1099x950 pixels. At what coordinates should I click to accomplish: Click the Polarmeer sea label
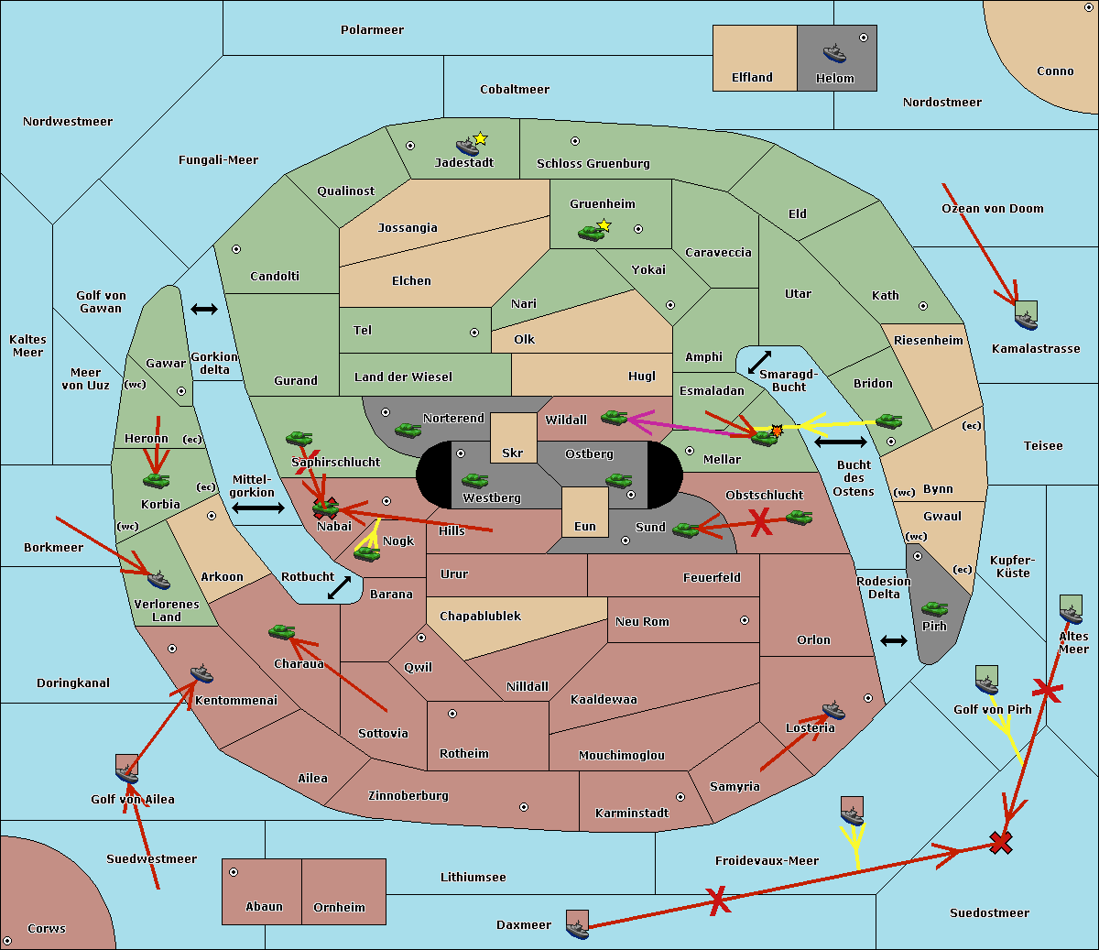(372, 30)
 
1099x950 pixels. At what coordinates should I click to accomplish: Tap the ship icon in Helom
(834, 53)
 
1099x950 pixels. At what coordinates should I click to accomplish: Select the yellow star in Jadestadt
(480, 138)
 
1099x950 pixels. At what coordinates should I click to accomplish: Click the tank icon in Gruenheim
(591, 233)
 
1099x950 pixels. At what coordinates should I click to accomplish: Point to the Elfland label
(752, 78)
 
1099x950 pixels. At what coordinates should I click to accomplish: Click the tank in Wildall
(614, 418)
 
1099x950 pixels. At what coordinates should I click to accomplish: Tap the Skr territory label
(513, 453)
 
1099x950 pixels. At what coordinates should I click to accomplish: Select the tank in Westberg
(474, 480)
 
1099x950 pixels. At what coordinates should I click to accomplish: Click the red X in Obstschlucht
(760, 524)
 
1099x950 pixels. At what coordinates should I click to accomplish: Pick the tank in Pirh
(934, 608)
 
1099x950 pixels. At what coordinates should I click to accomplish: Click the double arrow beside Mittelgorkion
(257, 508)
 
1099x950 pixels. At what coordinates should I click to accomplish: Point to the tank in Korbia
(157, 480)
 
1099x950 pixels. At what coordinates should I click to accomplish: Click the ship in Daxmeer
(577, 928)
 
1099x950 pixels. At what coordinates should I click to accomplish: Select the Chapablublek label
(480, 617)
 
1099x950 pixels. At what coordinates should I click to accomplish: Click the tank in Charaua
(281, 631)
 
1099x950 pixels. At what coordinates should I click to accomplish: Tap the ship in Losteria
(833, 710)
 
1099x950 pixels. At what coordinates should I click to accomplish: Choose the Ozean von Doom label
(993, 209)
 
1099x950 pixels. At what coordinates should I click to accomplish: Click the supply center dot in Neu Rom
(745, 620)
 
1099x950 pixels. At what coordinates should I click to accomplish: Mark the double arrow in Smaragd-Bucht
(760, 362)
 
